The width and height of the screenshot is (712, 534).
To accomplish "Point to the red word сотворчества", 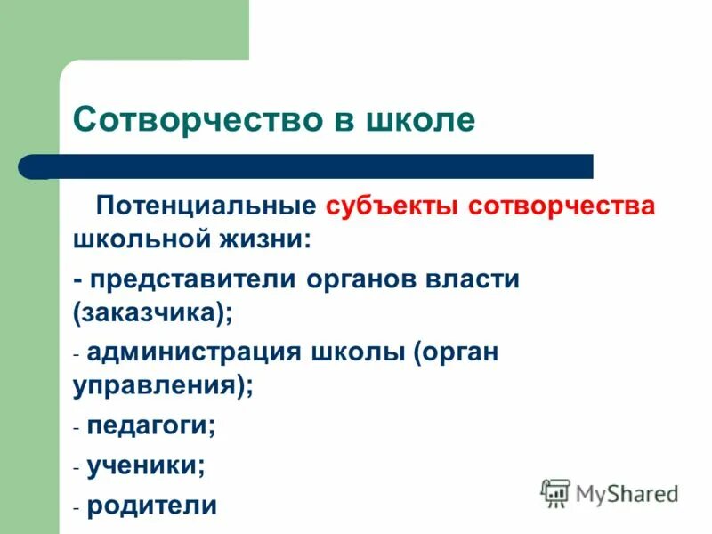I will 562,206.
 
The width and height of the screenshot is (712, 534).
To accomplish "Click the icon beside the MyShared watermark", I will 556,492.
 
